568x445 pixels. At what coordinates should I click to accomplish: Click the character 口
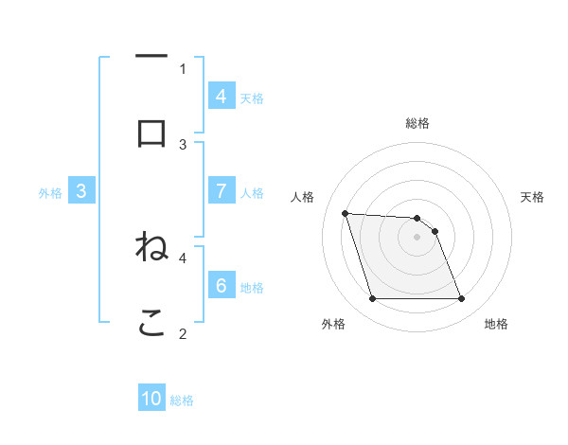pos(151,133)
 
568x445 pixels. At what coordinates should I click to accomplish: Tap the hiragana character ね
pos(151,247)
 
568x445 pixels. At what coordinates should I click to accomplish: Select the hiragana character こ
pos(151,322)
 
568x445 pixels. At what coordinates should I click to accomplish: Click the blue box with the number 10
pos(151,400)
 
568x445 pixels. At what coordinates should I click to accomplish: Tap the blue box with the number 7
pos(222,191)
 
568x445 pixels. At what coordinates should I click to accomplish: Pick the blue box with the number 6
pos(222,286)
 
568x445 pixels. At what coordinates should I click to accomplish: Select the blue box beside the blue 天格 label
pos(222,97)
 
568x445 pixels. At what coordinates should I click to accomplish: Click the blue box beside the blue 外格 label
pos(81,191)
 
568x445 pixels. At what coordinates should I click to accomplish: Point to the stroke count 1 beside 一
pos(184,68)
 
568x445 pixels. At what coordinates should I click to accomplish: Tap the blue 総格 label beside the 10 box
pos(182,400)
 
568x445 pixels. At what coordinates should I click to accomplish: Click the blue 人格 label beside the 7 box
pos(252,192)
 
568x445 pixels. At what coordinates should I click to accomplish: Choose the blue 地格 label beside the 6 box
pos(252,287)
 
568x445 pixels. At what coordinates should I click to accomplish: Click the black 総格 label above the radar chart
pos(417,123)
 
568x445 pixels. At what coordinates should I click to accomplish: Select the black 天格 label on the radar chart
pos(533,197)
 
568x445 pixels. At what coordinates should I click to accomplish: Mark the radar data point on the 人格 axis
pos(345,213)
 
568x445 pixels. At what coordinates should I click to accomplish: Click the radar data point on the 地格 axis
pos(462,299)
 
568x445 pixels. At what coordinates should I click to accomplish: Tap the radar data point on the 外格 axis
pos(372,299)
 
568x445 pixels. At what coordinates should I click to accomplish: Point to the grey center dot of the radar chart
pos(417,237)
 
